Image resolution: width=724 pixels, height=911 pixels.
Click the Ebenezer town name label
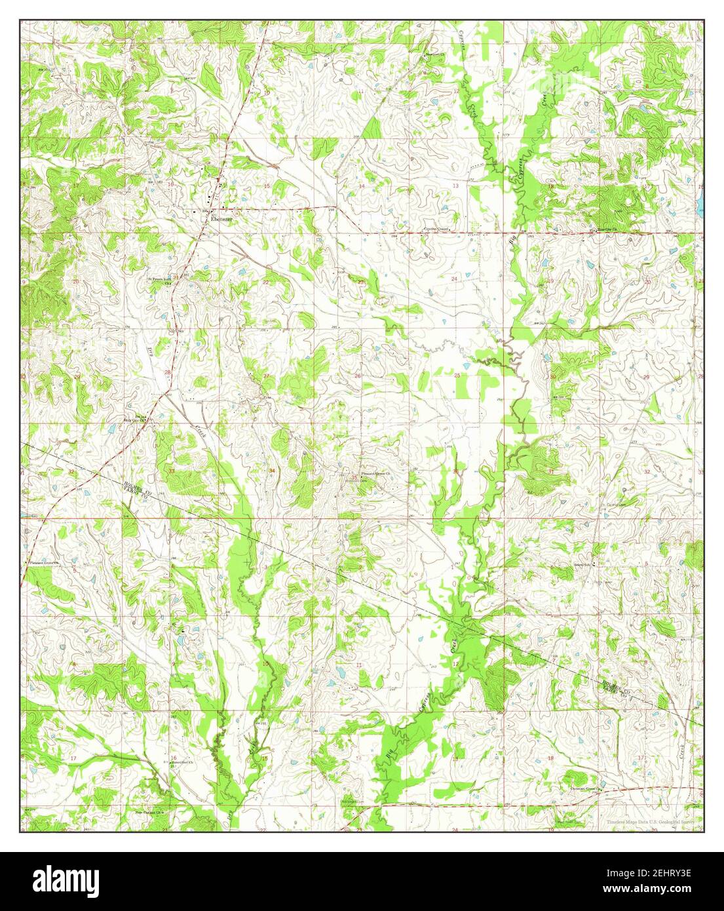(218, 220)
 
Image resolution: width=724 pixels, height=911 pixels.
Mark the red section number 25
(457, 375)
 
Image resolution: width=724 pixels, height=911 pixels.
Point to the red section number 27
(266, 376)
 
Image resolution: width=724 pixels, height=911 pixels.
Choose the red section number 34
(271, 471)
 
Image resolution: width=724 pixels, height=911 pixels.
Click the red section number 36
(456, 471)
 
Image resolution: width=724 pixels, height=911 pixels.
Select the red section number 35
(354, 476)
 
